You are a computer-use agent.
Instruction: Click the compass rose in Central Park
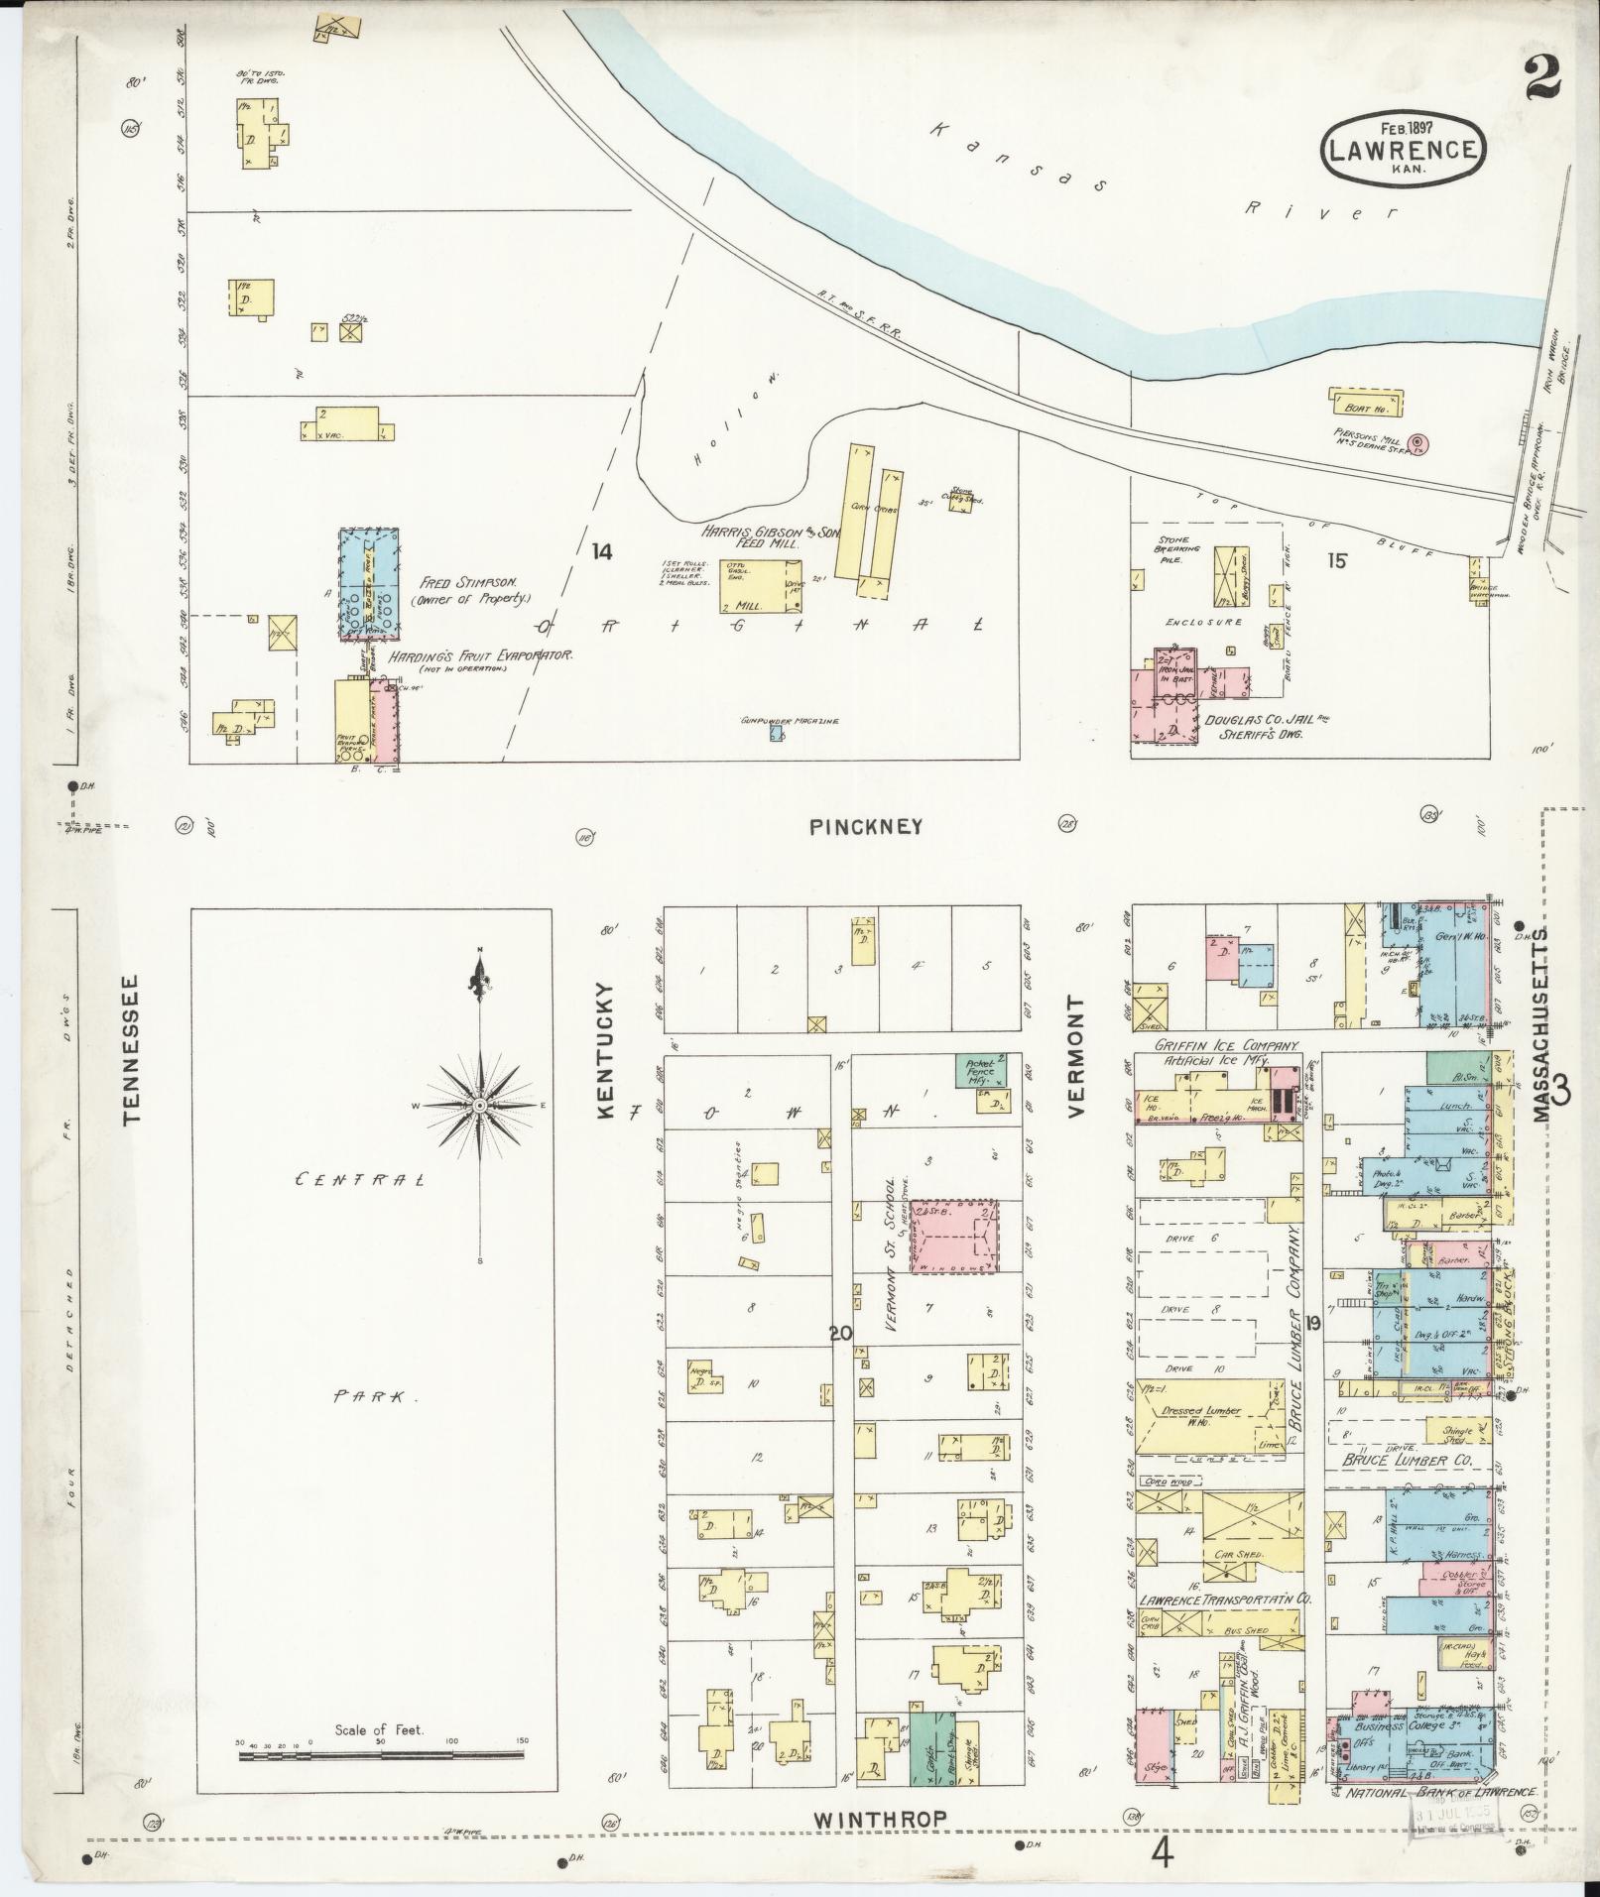480,1105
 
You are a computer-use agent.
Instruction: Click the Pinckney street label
866,826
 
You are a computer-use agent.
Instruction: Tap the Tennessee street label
132,1048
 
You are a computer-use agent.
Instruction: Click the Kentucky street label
606,1052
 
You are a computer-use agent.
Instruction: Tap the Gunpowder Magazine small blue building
779,735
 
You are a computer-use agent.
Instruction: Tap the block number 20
840,1334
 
